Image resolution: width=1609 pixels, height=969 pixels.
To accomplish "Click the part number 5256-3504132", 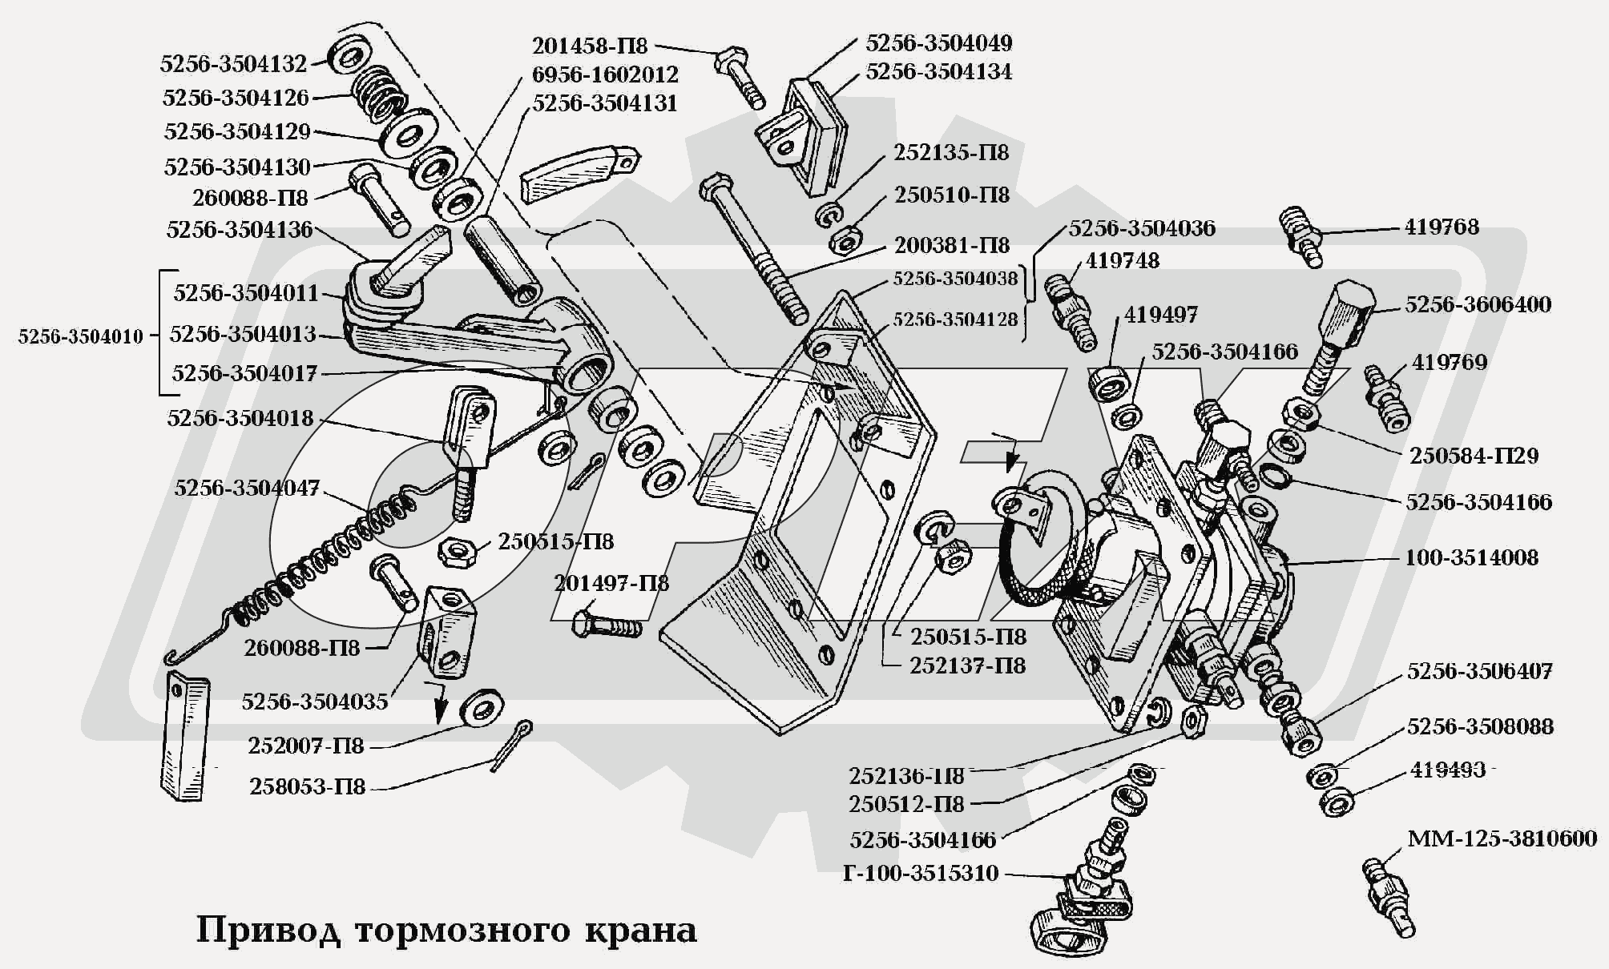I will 233,64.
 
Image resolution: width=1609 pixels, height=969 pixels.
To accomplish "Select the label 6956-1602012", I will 605,74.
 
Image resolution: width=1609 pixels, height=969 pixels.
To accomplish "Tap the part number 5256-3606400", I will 1478,304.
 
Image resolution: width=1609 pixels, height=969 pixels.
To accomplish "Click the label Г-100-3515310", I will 921,873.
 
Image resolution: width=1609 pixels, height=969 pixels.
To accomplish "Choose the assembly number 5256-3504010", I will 80,336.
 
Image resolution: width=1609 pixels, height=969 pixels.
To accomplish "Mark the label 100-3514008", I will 1471,557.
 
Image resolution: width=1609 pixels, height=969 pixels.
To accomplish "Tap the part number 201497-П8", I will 611,583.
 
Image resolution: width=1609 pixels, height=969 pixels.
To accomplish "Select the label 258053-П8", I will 307,786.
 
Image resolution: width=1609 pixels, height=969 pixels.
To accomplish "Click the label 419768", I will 1441,227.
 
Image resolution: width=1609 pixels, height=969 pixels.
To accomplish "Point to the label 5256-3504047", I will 247,488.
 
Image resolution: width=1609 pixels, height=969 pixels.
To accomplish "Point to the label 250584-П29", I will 1474,456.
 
